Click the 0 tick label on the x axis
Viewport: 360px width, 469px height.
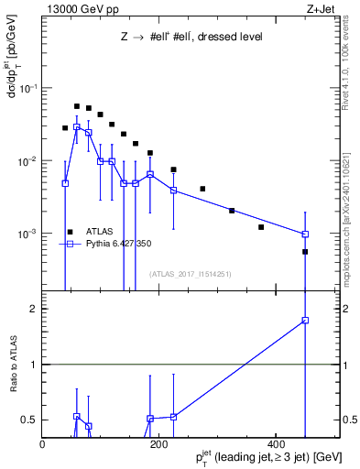(42, 443)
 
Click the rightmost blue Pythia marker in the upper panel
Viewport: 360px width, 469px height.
(305, 234)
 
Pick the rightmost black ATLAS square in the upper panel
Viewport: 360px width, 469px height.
(305, 252)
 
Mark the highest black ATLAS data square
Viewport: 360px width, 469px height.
(77, 106)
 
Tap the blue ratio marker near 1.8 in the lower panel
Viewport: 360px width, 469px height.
(305, 321)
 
